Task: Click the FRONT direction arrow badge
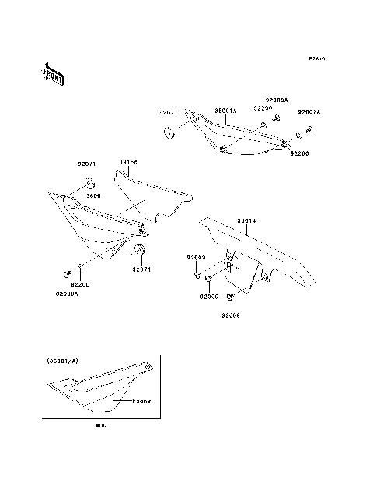tap(52, 74)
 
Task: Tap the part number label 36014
tap(247, 220)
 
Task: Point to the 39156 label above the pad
tap(128, 162)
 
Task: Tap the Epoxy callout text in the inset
tap(141, 400)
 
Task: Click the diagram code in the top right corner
tap(315, 58)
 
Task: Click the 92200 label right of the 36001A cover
tap(300, 155)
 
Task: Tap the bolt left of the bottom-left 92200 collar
tap(64, 273)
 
